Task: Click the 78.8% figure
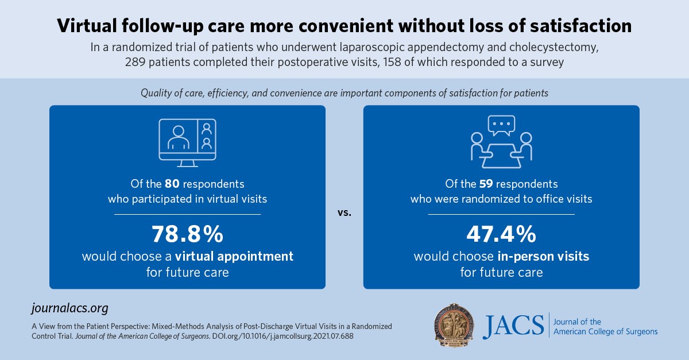point(187,234)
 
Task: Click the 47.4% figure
point(501,234)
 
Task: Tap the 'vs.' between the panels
point(344,213)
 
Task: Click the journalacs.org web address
point(69,308)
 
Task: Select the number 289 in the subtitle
point(137,63)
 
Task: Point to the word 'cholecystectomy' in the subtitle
point(546,48)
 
